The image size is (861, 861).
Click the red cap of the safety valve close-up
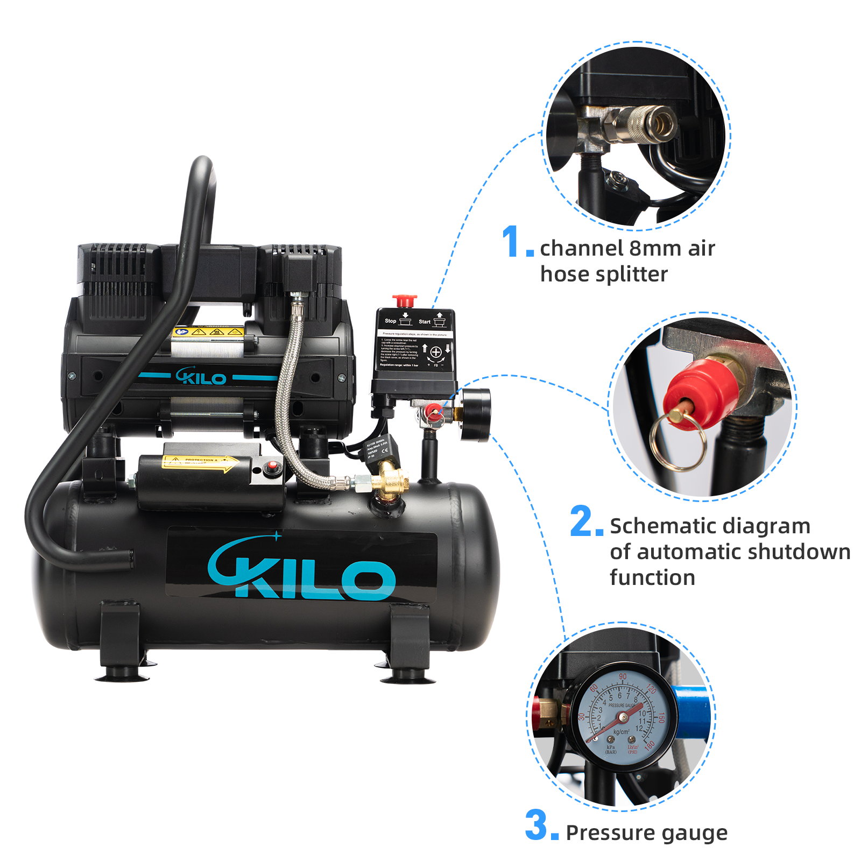tap(700, 393)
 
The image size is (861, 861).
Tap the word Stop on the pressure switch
tap(390, 321)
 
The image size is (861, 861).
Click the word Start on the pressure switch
tap(424, 322)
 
